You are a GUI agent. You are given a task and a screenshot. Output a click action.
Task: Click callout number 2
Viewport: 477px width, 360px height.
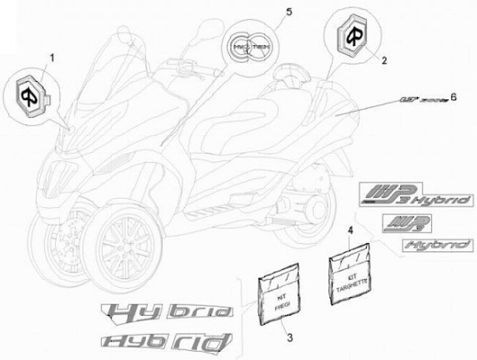pyautogui.click(x=382, y=59)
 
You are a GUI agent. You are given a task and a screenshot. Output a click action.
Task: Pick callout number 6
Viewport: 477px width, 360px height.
pyautogui.click(x=453, y=96)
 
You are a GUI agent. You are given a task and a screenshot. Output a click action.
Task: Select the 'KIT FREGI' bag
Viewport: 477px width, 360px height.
pyautogui.click(x=273, y=298)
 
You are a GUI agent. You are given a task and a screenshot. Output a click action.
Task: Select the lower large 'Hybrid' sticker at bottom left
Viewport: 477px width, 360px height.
pyautogui.click(x=166, y=340)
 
